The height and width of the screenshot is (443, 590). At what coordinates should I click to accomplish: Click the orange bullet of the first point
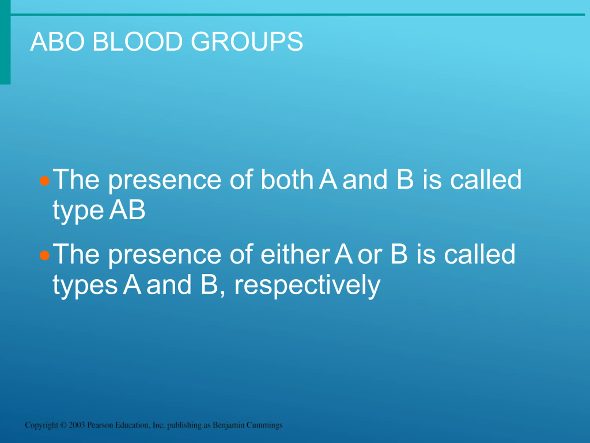click(x=44, y=181)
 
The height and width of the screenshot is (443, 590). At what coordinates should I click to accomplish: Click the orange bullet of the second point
click(x=44, y=255)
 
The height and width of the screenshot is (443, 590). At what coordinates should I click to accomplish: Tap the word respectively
click(x=307, y=285)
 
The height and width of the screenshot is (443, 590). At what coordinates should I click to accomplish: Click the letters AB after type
click(x=127, y=210)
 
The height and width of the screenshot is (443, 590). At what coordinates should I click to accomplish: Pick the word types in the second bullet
click(x=85, y=286)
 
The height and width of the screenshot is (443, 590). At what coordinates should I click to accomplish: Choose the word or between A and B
click(x=370, y=256)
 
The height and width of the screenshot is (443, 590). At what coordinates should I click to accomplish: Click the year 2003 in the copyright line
click(x=77, y=425)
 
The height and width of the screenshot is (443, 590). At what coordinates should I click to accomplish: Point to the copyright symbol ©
click(x=63, y=425)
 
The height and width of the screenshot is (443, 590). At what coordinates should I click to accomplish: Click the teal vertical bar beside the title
click(x=5, y=42)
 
